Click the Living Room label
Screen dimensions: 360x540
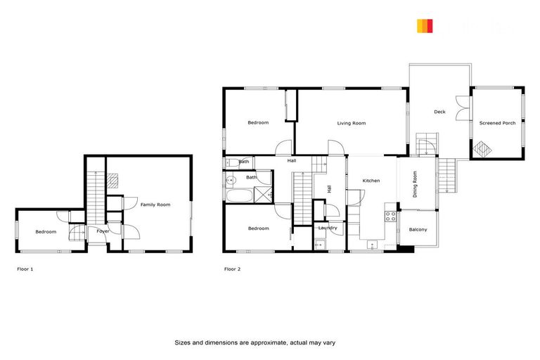click(x=352, y=123)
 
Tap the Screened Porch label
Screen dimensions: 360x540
click(x=497, y=123)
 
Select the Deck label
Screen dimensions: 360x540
click(x=439, y=112)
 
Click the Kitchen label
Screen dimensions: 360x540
click(x=371, y=181)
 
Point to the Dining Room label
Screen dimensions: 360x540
click(x=415, y=184)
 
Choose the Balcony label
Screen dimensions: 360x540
click(x=418, y=229)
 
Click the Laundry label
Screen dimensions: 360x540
click(x=328, y=228)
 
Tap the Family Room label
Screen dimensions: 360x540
click(x=155, y=205)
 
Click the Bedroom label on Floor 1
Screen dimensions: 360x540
click(x=46, y=231)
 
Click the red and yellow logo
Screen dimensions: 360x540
click(x=424, y=27)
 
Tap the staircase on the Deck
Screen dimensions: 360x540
click(x=425, y=145)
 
